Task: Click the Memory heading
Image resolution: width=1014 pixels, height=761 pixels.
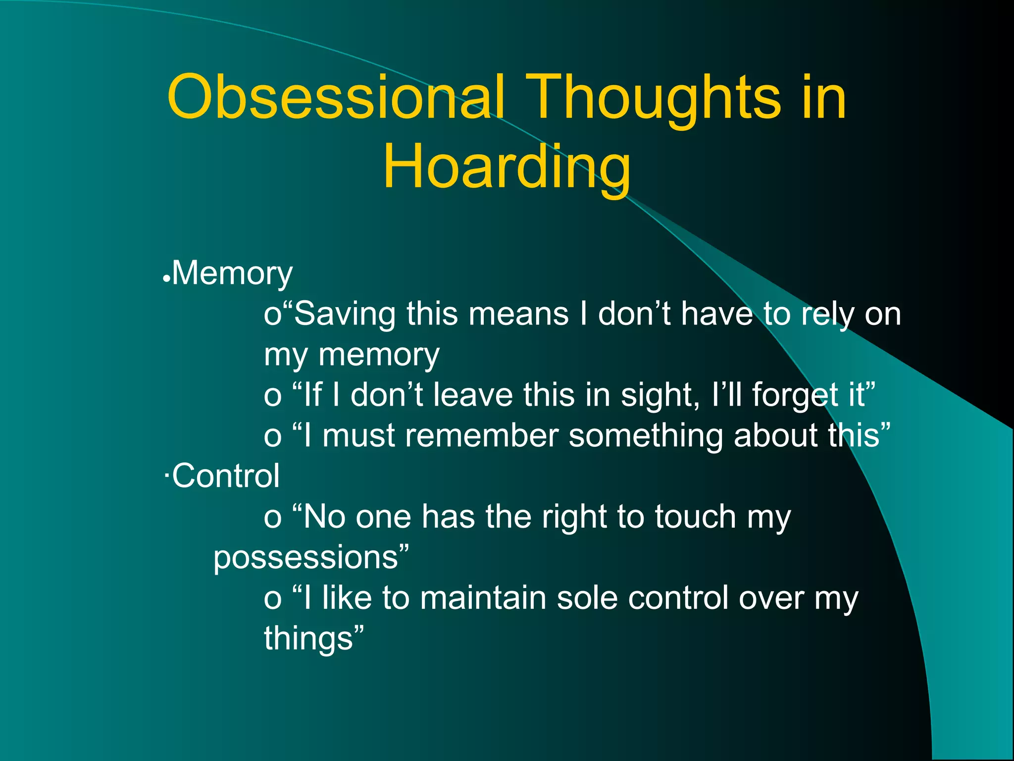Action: click(x=232, y=273)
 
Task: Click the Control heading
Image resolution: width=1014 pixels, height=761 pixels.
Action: click(x=226, y=476)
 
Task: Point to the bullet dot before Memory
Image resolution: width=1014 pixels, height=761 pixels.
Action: click(x=167, y=279)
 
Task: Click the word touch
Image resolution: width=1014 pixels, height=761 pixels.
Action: click(x=696, y=517)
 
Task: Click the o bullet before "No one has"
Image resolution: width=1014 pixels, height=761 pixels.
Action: click(x=272, y=518)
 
